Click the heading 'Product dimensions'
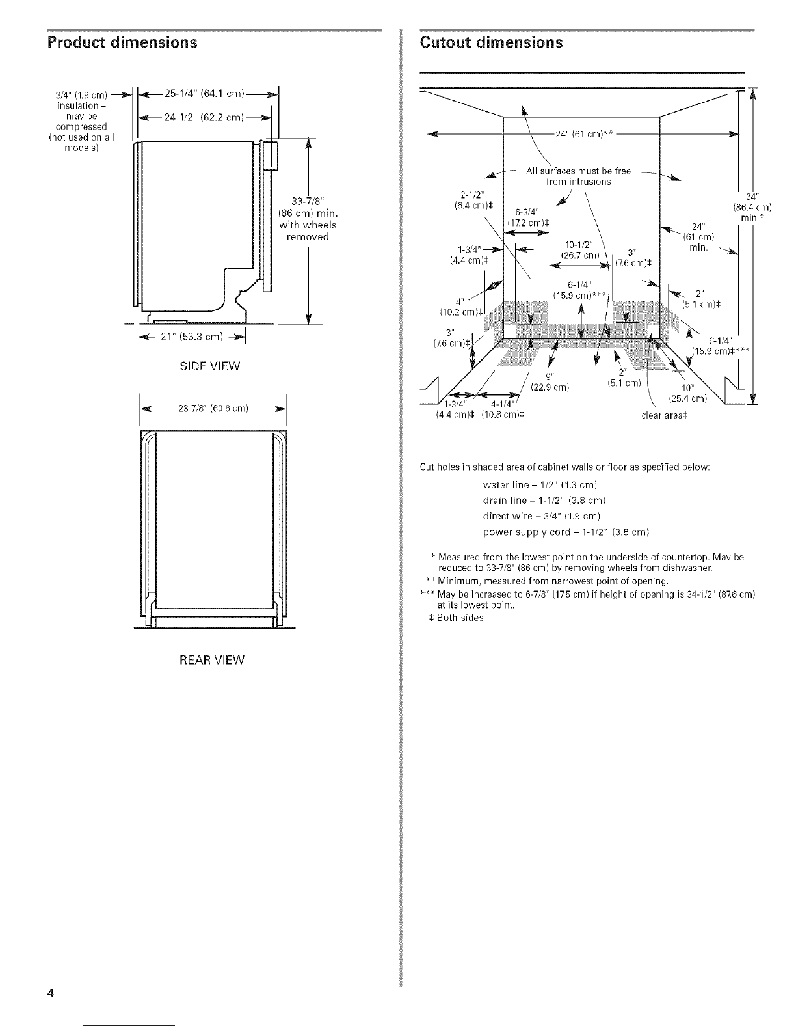[122, 43]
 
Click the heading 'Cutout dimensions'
[492, 43]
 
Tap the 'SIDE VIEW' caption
[210, 366]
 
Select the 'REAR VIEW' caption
[212, 661]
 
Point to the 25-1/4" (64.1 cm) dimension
[204, 94]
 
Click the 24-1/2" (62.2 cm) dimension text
[204, 117]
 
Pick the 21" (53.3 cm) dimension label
[192, 337]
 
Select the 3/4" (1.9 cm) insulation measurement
[81, 95]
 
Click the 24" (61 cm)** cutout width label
[585, 134]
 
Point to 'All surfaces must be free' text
[578, 171]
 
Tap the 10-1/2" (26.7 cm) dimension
[580, 250]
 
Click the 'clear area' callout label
[665, 416]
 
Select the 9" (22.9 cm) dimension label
[550, 382]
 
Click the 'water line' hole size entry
[540, 485]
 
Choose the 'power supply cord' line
[566, 532]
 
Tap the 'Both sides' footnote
[456, 618]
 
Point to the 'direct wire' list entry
[542, 516]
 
